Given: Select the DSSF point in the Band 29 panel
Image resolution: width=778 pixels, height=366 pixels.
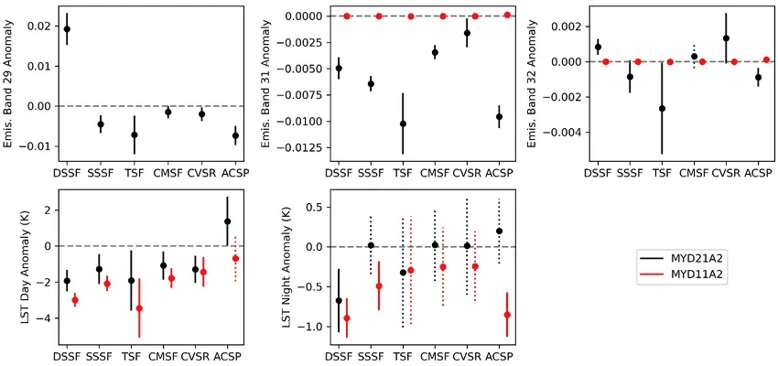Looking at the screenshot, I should (67, 29).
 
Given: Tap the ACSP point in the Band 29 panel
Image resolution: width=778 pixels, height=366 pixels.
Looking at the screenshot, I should (235, 135).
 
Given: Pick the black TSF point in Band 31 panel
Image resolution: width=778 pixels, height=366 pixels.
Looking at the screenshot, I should (403, 124).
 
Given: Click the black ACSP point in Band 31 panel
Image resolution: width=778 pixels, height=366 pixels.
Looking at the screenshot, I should (499, 116).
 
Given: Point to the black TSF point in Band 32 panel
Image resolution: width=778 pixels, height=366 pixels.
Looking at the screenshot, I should (662, 108).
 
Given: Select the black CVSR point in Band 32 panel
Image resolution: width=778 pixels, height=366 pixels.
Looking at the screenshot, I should (726, 38).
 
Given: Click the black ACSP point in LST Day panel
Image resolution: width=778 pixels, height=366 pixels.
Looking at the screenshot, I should (227, 221).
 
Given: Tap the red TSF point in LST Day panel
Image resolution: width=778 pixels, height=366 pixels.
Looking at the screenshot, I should (139, 308).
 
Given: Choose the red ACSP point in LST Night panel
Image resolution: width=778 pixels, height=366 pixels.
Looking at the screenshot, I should (507, 315).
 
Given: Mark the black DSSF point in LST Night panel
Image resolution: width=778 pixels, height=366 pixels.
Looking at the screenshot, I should (340, 300).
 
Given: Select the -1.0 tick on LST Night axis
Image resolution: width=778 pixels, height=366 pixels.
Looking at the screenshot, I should (306, 327).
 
